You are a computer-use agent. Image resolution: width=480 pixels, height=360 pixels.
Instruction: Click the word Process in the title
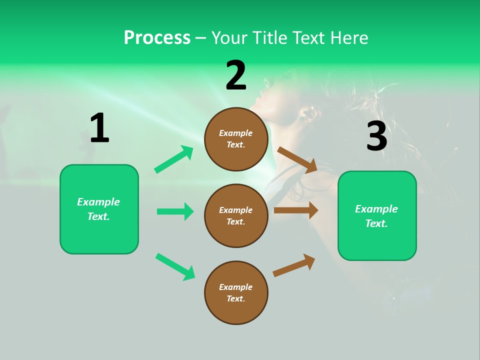157,38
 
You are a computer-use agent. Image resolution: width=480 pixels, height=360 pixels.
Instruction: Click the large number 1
99,128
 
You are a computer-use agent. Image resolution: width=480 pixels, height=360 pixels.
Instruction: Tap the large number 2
236,75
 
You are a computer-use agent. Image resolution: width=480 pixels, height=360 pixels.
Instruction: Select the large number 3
376,136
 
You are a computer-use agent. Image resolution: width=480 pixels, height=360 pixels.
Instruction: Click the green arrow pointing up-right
173,159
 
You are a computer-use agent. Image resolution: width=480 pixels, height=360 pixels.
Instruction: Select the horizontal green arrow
175,211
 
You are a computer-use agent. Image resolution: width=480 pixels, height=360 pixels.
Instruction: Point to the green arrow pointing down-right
175,266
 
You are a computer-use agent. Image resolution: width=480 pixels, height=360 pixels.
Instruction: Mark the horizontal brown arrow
295,210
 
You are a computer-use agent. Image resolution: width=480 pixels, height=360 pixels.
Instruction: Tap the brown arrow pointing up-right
294,265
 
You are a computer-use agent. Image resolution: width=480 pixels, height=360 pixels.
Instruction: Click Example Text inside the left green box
98,209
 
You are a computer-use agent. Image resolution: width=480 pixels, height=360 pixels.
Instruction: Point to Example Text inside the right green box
376,216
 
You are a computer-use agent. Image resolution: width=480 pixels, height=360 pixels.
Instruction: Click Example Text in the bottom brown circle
236,293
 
